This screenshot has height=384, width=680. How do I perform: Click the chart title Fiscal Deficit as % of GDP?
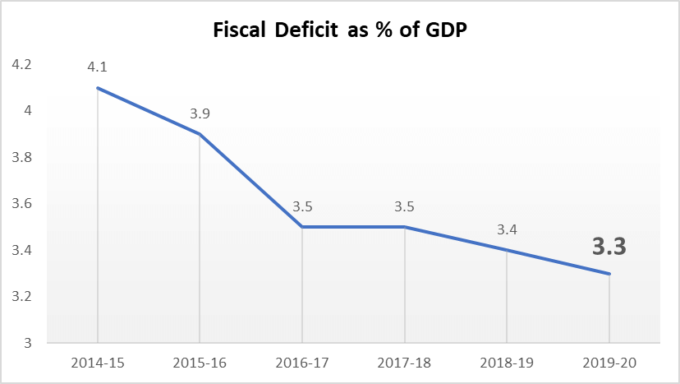pos(340,30)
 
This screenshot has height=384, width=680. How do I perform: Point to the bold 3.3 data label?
pos(609,246)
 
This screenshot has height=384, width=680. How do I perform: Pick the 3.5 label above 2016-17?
pos(302,205)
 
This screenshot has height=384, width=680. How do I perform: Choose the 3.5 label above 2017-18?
pos(405,205)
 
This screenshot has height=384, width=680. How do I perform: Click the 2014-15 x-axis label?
pos(98,362)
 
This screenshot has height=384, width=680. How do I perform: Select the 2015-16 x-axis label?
pos(200,362)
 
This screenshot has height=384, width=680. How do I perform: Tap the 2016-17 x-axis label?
pos(302,362)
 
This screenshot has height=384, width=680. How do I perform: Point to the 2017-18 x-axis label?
pos(405,362)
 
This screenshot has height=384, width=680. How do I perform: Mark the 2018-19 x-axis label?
pos(507,362)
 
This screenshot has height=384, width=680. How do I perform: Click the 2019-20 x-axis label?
pos(609,362)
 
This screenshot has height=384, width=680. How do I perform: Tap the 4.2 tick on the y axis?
pos(21,64)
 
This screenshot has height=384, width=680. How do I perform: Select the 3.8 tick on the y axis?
pos(21,157)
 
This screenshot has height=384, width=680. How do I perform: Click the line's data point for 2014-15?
pos(98,88)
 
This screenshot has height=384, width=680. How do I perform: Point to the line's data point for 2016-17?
pos(302,227)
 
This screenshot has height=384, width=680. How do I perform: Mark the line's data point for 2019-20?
pos(609,274)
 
